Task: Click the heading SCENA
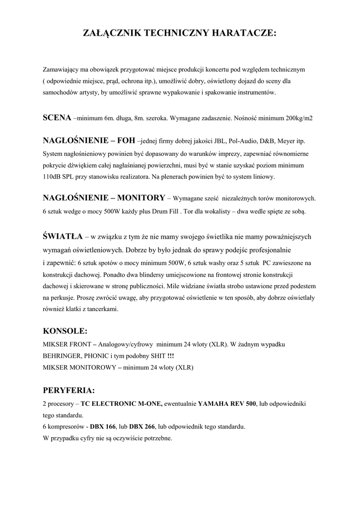pyautogui.click(x=57, y=118)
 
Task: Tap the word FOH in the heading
pyautogui.click(x=126, y=141)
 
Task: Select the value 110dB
pyautogui.click(x=53, y=177)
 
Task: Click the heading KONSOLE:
pyautogui.click(x=66, y=330)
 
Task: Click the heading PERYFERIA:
pyautogui.click(x=69, y=390)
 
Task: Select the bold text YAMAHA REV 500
pyautogui.click(x=227, y=404)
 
